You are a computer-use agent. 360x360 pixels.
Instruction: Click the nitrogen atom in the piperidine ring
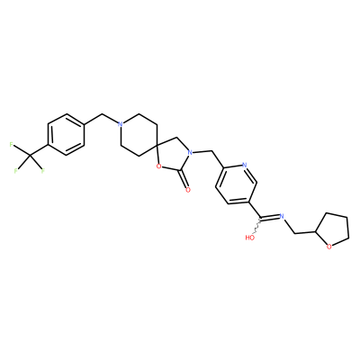(121, 124)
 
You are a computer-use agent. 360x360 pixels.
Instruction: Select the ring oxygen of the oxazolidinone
(158, 165)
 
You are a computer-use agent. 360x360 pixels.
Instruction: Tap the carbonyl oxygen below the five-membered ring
(188, 190)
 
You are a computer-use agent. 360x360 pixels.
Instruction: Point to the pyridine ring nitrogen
(244, 165)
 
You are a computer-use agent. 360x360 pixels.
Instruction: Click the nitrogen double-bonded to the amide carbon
(282, 216)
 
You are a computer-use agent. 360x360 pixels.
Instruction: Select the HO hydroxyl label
(250, 238)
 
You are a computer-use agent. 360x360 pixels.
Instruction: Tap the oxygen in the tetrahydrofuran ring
(329, 247)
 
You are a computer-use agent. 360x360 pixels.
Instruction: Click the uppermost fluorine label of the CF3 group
(12, 145)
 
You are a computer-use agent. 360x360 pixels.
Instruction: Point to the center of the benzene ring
(66, 134)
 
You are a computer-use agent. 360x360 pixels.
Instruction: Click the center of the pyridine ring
(236, 185)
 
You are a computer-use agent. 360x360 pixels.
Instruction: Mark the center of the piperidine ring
(139, 135)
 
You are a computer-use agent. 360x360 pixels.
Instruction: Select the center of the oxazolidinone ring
(174, 156)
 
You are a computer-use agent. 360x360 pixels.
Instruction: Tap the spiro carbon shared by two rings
(157, 145)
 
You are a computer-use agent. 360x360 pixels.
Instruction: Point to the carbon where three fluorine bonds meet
(30, 156)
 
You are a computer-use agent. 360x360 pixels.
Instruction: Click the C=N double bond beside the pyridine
(270, 217)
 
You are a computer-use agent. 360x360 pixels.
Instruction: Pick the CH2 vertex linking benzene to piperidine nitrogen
(103, 114)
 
